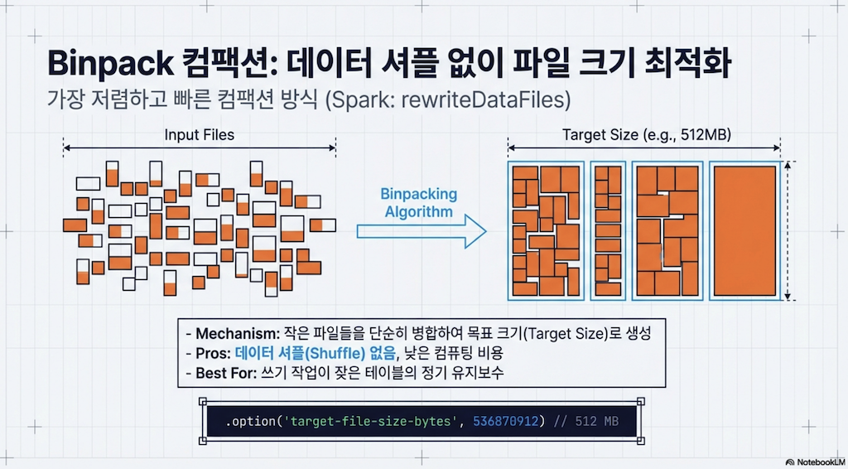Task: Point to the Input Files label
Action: coord(199,134)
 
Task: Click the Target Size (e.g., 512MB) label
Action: coord(646,134)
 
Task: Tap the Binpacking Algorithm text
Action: coord(417,203)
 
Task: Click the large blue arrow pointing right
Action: coord(422,232)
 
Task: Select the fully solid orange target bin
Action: coord(743,230)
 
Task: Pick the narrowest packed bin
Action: coord(609,230)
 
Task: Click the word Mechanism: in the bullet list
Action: coord(230,335)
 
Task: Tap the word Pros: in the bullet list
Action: coord(214,354)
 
